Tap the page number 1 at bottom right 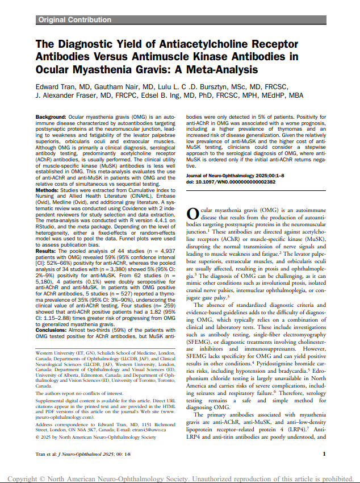(x=324, y=453)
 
